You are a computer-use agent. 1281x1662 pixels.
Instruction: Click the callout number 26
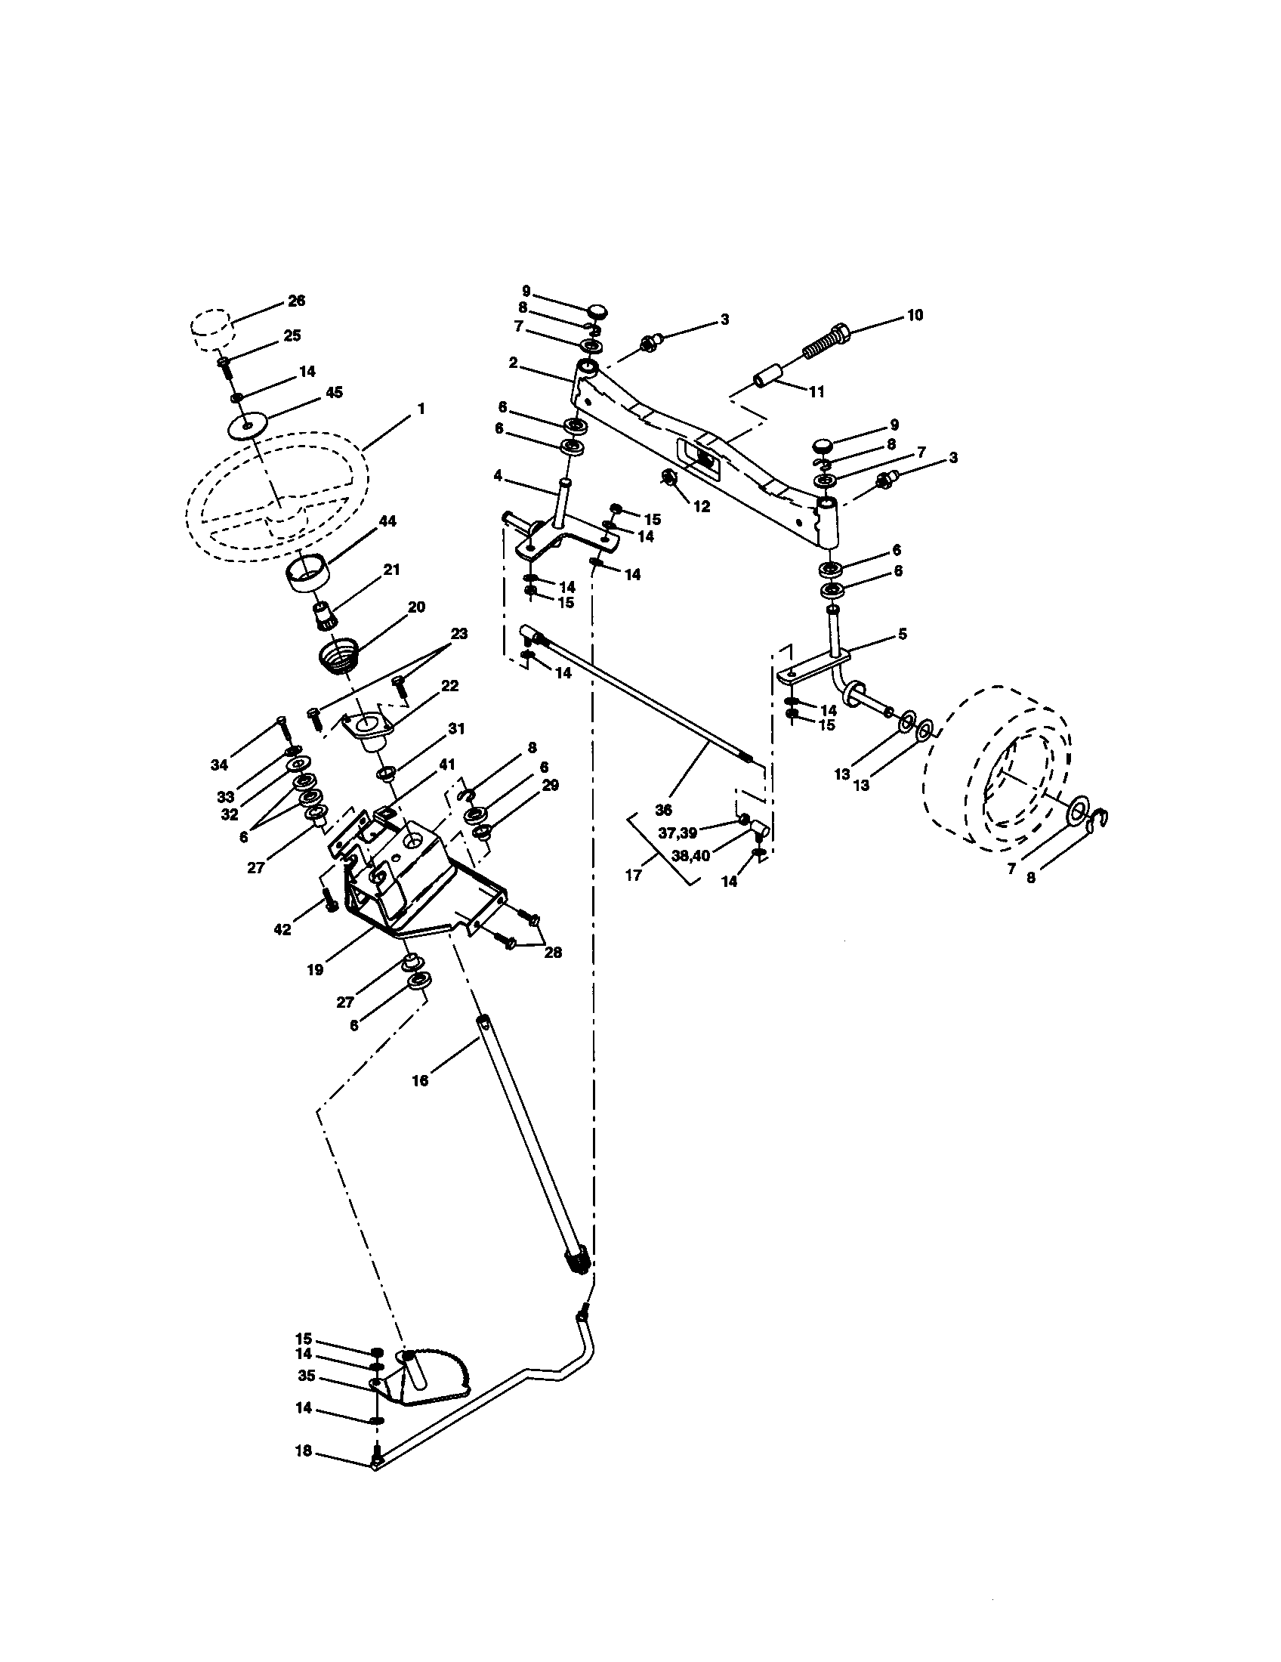[297, 301]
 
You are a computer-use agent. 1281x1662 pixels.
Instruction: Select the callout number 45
[334, 392]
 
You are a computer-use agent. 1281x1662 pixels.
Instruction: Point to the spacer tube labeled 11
[767, 378]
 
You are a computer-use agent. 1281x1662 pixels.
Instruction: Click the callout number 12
[702, 506]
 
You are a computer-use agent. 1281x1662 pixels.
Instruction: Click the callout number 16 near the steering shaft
[420, 1080]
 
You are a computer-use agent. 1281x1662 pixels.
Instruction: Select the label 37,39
[678, 833]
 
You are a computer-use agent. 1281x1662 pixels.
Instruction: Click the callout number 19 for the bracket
[315, 969]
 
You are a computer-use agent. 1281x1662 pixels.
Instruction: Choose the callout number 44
[387, 521]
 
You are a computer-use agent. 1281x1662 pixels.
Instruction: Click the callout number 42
[282, 929]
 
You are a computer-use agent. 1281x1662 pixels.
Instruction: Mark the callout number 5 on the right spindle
[902, 634]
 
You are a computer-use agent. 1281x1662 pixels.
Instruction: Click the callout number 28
[553, 952]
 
